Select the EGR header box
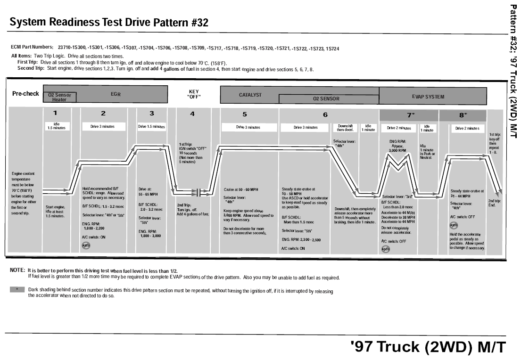[x=116, y=94]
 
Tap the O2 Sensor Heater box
[x=59, y=97]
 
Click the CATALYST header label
[x=250, y=94]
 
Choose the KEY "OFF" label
[x=194, y=94]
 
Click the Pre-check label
[x=26, y=94]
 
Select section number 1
[x=55, y=113]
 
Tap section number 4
[x=192, y=114]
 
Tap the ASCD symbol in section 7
[x=386, y=249]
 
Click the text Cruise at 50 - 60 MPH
[x=241, y=189]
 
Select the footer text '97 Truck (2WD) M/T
[x=429, y=347]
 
